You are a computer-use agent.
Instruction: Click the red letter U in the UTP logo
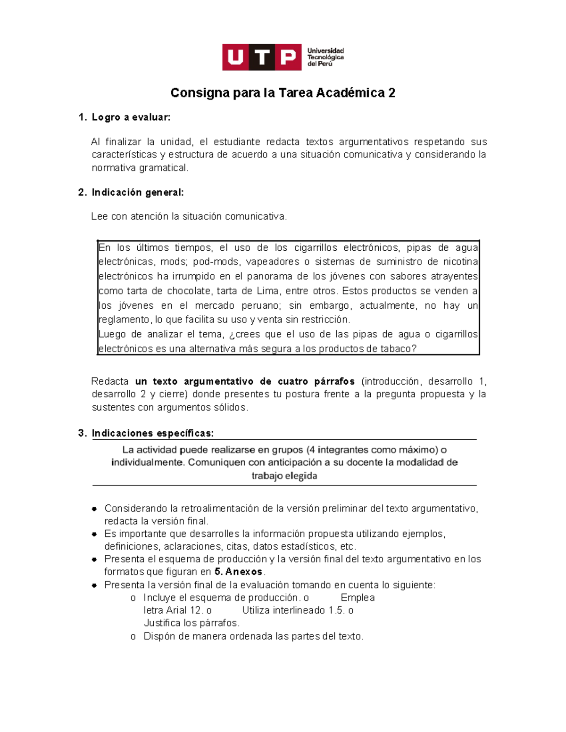pos(235,58)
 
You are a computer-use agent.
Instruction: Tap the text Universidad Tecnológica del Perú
pos(325,57)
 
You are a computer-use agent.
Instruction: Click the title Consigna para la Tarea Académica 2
pos(283,93)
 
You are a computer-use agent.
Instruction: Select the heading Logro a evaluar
pos(131,117)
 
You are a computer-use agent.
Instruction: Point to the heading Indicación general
pos(137,192)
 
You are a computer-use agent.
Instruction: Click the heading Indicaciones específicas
pos(152,433)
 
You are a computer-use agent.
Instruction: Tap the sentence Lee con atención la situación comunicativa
pos(189,216)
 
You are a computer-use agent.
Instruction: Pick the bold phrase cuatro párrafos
pos(316,381)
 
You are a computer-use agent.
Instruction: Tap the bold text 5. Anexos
pos(238,572)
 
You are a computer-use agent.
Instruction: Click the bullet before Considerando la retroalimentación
pos(94,509)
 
